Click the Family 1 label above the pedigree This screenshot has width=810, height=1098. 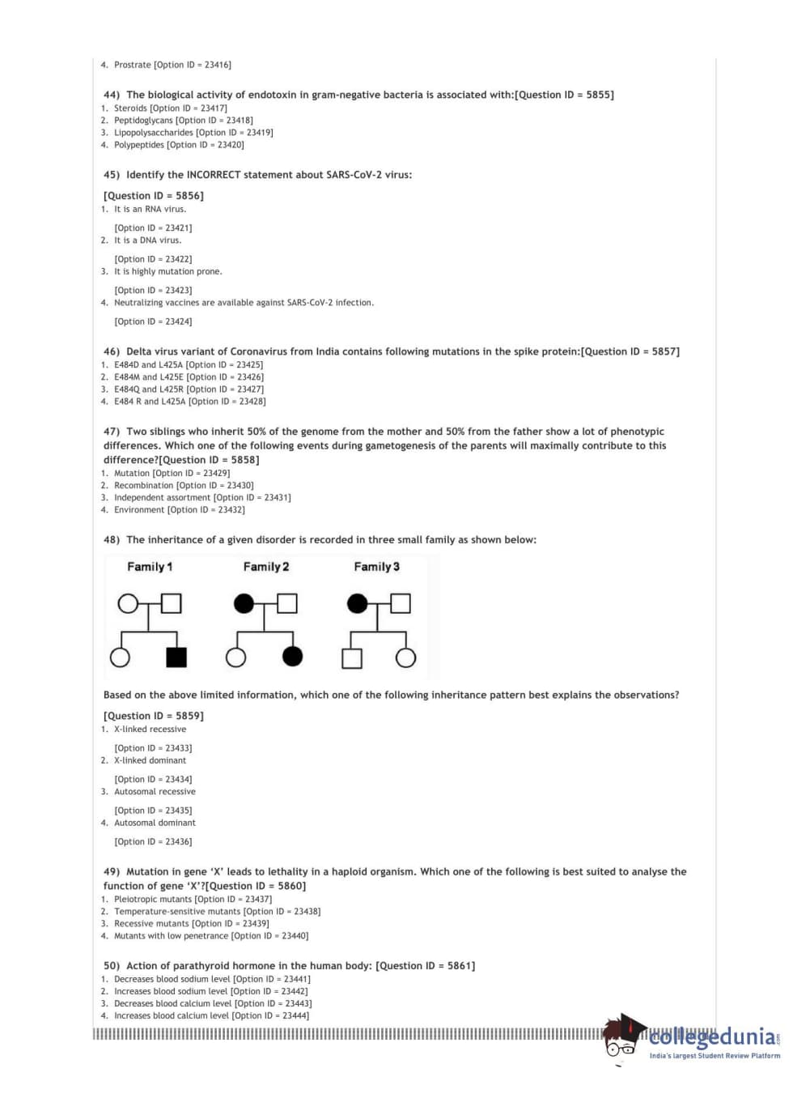[150, 567]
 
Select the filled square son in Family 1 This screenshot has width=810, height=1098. [176, 657]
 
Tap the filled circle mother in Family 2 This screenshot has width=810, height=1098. [244, 603]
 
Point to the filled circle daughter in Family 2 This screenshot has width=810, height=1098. [293, 656]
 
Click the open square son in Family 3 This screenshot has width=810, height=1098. [352, 658]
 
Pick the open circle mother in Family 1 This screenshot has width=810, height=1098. [128, 603]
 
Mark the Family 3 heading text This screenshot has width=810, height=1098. [376, 567]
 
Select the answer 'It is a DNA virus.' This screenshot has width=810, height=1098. [147, 240]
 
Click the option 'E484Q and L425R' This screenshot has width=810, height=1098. [149, 389]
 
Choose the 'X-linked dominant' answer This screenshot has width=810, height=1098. [150, 761]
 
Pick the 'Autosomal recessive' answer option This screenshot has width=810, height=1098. [155, 792]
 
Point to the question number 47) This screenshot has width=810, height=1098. [112, 432]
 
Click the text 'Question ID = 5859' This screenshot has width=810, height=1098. [154, 716]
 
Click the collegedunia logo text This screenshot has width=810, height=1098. [712, 1037]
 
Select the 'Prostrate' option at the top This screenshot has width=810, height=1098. [133, 65]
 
